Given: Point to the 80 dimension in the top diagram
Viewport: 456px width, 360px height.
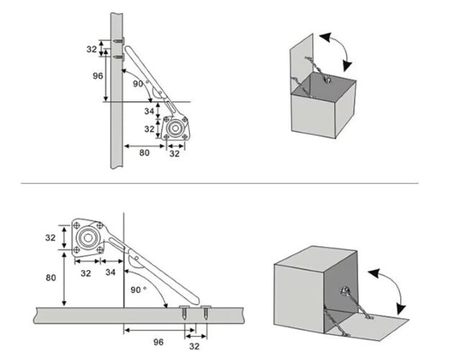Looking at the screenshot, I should coord(144,153).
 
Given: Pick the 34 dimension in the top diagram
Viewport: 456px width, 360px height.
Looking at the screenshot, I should coord(148,111).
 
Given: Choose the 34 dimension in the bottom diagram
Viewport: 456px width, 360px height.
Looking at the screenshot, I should coord(110,272).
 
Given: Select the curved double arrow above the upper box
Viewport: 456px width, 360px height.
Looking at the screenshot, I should coord(338,49).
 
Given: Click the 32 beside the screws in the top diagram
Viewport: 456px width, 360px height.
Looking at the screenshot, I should coord(91,48).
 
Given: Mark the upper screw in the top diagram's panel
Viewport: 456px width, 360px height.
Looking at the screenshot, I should coord(119,41).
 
